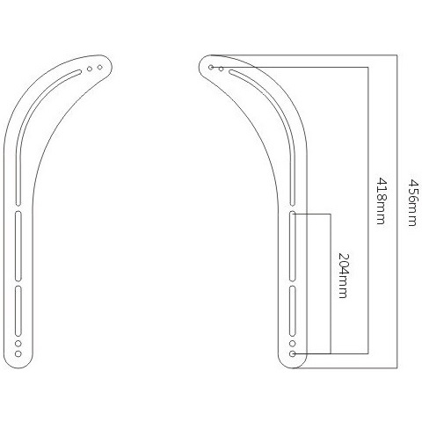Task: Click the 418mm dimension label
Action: coord(381,200)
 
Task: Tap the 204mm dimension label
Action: coord(344,275)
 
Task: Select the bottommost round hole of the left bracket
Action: coord(18,353)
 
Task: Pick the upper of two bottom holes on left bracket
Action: coord(18,343)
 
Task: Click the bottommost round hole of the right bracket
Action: coord(292,353)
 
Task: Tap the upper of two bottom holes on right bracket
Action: coord(292,343)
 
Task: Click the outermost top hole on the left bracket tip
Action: coord(100,68)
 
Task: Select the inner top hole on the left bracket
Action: coord(90,69)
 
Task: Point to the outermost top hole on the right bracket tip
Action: coord(211,68)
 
